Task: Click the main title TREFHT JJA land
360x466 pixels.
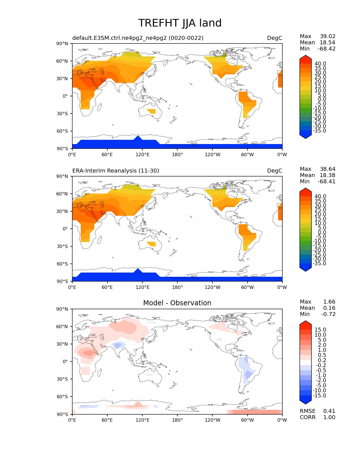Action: pyautogui.click(x=180, y=23)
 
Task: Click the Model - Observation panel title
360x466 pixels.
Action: pyautogui.click(x=177, y=303)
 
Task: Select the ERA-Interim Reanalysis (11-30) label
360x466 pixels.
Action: pyautogui.click(x=116, y=171)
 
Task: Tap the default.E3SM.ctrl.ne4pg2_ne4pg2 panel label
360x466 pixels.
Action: pyautogui.click(x=138, y=38)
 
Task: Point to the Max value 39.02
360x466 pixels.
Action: pyautogui.click(x=328, y=36)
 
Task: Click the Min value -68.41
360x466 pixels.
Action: pyautogui.click(x=327, y=182)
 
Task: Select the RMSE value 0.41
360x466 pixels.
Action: pyautogui.click(x=329, y=411)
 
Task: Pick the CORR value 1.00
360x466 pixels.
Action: pyautogui.click(x=329, y=417)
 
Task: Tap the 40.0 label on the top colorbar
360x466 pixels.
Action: pyautogui.click(x=320, y=64)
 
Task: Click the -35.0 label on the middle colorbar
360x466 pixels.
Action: pyautogui.click(x=320, y=264)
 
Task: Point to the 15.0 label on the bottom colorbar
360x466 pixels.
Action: pyautogui.click(x=320, y=330)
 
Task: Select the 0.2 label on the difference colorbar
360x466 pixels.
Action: pyautogui.click(x=322, y=360)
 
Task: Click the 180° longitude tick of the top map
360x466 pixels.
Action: pyautogui.click(x=177, y=155)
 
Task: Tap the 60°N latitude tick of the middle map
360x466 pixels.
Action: pyautogui.click(x=64, y=194)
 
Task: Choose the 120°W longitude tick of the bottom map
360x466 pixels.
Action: pyautogui.click(x=212, y=420)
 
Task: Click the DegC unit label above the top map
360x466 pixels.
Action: pyautogui.click(x=274, y=38)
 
